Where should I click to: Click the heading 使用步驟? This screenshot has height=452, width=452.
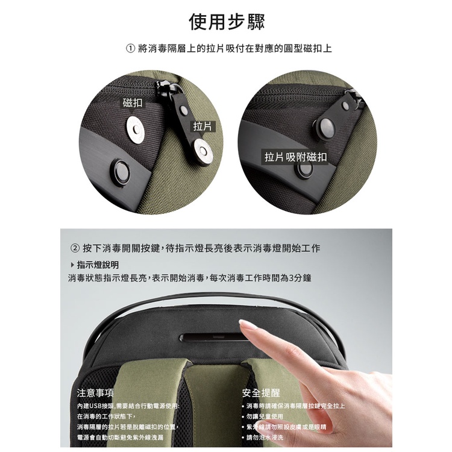pyautogui.click(x=227, y=22)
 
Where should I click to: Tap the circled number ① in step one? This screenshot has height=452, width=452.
pyautogui.click(x=130, y=48)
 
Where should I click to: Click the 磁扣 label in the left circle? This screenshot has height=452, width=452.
pyautogui.click(x=133, y=102)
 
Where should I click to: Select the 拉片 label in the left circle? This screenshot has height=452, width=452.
pyautogui.click(x=202, y=126)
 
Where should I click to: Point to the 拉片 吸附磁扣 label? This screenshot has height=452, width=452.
pyautogui.click(x=295, y=157)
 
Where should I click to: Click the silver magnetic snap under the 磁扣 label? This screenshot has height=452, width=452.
pyautogui.click(x=136, y=130)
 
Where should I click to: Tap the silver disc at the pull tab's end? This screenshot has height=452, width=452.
pyautogui.click(x=203, y=151)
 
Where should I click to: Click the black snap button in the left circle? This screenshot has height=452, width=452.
pyautogui.click(x=122, y=172)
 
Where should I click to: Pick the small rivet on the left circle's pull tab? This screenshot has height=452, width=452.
pyautogui.click(x=184, y=109)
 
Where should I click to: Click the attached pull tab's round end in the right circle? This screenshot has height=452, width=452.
pyautogui.click(x=325, y=127)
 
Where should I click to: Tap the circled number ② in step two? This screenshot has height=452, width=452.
pyautogui.click(x=75, y=248)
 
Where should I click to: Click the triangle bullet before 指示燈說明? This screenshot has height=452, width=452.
pyautogui.click(x=72, y=265)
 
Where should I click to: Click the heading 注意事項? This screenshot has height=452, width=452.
pyautogui.click(x=95, y=392)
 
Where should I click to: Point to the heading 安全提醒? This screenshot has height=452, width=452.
pyautogui.click(x=261, y=392)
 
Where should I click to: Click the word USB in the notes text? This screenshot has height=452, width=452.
pyautogui.click(x=95, y=406)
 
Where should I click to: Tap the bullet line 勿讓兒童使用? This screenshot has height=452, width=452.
pyautogui.click(x=262, y=416)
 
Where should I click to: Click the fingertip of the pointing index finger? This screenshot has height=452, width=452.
pyautogui.click(x=243, y=324)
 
